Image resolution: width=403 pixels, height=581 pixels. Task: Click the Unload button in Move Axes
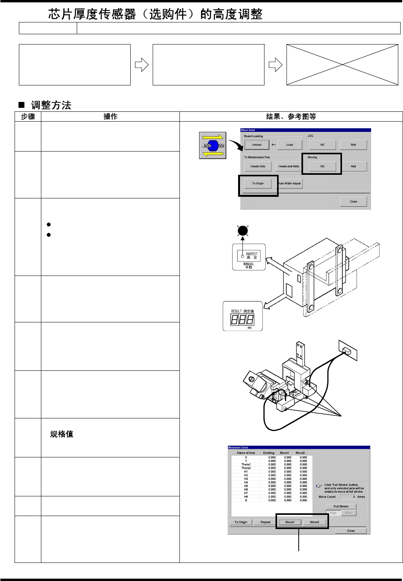257,145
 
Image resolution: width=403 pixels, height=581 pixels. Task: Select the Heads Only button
258,167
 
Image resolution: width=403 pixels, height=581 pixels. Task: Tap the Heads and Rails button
288,167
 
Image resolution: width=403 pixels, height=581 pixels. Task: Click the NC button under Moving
322,167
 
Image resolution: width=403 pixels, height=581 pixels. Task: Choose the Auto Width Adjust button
290,183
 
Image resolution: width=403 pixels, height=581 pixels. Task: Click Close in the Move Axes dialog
353,202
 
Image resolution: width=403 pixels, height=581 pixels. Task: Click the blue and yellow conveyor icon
213,145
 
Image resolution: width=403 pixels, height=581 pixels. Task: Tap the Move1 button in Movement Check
290,522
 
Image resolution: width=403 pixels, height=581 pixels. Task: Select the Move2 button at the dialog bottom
314,522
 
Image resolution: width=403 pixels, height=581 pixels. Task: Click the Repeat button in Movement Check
265,522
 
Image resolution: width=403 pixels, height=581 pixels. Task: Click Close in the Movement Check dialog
351,531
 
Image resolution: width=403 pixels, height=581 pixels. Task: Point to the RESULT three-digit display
242,319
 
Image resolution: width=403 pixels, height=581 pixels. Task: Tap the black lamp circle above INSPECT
243,231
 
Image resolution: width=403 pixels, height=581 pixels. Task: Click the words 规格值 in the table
62,434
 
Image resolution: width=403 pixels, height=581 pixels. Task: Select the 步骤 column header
28,117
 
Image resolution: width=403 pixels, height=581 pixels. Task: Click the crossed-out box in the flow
342,65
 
